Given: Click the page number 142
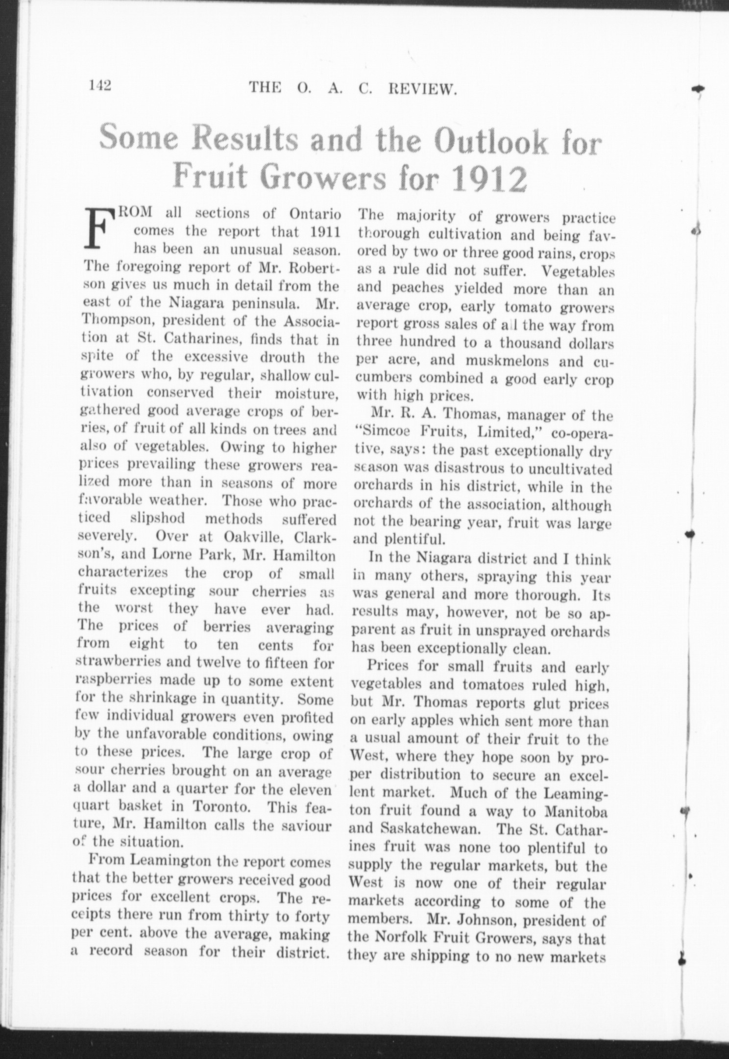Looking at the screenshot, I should (x=101, y=85).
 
